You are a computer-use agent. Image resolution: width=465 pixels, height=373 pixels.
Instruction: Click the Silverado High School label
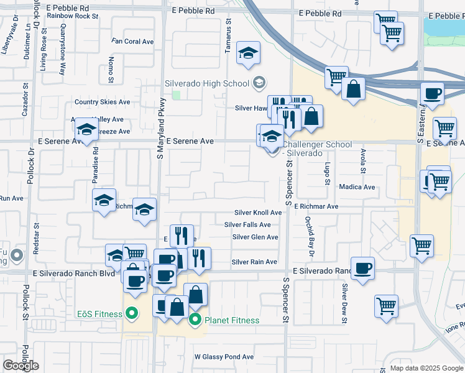click(206, 83)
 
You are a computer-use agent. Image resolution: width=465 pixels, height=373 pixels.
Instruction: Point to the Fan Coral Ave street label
click(132, 42)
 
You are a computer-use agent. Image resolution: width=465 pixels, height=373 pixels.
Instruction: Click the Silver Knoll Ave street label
click(258, 213)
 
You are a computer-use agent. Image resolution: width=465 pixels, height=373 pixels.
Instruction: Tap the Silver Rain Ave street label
click(254, 262)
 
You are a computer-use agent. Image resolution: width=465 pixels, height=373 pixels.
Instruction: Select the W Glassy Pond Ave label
click(224, 357)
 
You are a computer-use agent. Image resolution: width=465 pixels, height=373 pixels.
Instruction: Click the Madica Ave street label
click(357, 187)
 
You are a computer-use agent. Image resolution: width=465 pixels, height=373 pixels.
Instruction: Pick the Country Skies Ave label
click(102, 102)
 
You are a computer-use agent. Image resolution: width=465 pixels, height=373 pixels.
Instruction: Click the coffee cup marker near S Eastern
click(433, 94)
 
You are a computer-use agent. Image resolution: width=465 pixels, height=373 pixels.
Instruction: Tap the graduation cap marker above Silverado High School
click(249, 53)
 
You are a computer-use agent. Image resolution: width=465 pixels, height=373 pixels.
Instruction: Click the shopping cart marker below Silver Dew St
click(386, 306)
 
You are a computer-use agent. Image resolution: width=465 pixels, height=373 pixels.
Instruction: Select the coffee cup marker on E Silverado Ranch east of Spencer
click(362, 268)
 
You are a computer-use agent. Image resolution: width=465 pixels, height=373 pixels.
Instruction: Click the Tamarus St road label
click(229, 38)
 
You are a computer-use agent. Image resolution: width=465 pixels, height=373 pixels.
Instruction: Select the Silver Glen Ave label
click(255, 237)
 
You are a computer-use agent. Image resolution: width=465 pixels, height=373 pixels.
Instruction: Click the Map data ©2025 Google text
click(423, 368)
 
